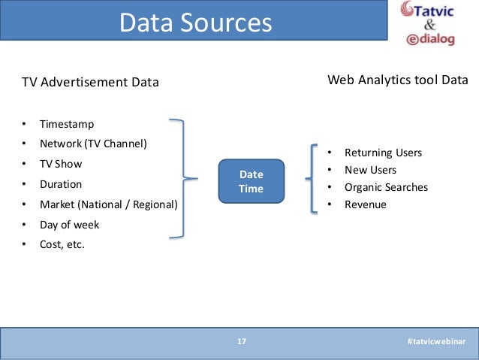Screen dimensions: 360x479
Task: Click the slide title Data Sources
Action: (195, 23)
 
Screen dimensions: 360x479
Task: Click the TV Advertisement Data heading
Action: (89, 82)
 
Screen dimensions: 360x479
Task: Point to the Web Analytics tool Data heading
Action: (398, 79)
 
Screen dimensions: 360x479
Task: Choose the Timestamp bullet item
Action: (67, 123)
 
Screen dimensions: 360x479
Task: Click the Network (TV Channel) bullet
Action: (94, 143)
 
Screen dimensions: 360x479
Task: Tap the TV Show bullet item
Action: (61, 163)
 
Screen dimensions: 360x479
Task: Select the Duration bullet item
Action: (61, 183)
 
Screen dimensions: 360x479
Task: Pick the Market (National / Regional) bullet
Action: (108, 204)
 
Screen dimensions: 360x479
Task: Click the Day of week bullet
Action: (69, 224)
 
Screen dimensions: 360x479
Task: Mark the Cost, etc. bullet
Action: (62, 244)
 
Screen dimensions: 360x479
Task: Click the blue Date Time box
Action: (251, 181)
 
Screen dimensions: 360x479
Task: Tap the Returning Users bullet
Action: (383, 153)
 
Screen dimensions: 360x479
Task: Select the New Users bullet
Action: (370, 170)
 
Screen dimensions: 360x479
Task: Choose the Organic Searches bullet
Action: (386, 187)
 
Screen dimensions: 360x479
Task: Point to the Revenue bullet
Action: (365, 204)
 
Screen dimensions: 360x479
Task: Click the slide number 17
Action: (242, 342)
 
